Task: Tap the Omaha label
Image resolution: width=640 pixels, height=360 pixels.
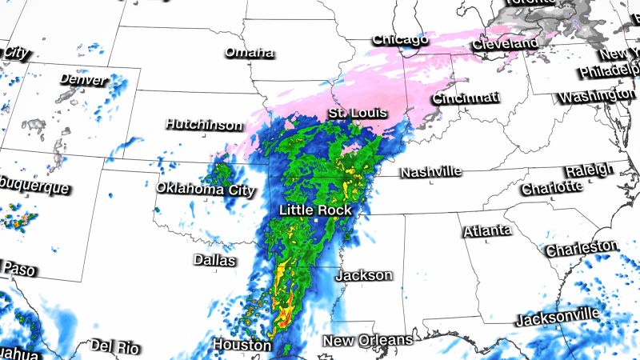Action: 249,53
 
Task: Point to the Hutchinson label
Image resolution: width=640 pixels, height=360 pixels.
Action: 203,125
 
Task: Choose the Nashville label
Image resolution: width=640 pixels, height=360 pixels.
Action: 431,172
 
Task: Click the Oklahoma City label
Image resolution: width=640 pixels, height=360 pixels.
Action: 206,190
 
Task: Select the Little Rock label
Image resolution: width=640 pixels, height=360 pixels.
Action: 315,210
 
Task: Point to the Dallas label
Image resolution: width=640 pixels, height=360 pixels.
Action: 214,261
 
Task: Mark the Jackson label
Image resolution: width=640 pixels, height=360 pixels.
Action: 364,275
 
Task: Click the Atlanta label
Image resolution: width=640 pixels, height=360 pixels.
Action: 486,230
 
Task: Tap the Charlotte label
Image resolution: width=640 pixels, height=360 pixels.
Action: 551,188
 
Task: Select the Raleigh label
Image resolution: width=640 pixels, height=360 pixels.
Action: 589,170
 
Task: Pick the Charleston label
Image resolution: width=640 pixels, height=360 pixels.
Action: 582,249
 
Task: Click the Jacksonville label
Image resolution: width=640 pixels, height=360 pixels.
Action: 557,318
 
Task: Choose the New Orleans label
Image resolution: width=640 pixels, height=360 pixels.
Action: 367,340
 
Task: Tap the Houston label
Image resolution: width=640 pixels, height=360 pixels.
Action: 242,345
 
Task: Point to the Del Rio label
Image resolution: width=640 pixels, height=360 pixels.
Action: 114,346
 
